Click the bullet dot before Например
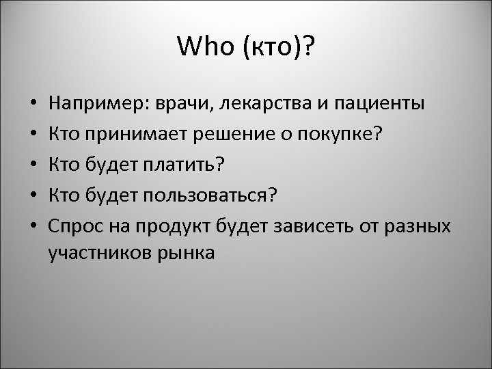tap(33, 106)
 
